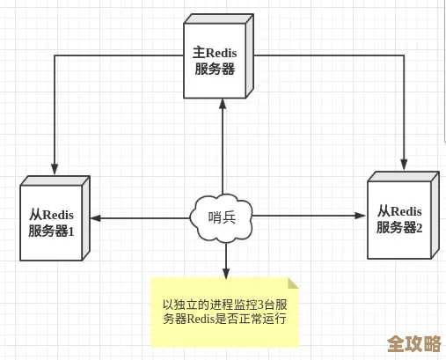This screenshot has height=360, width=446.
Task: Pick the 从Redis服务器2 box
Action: [399, 220]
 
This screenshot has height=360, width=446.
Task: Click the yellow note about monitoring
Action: [224, 312]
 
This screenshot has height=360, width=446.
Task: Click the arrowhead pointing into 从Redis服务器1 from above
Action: [55, 169]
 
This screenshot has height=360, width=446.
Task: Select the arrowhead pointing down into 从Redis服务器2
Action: [404, 164]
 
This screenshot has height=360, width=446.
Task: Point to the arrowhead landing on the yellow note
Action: [225, 273]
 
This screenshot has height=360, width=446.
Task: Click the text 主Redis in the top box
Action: [221, 53]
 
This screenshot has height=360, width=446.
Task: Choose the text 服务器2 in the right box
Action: [399, 227]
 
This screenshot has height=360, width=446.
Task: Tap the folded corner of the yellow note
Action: [293, 283]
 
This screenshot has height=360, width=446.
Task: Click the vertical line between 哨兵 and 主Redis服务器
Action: [223, 150]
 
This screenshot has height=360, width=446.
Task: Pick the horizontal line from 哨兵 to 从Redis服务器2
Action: [308, 215]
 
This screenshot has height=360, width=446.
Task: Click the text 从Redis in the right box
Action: [399, 211]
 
